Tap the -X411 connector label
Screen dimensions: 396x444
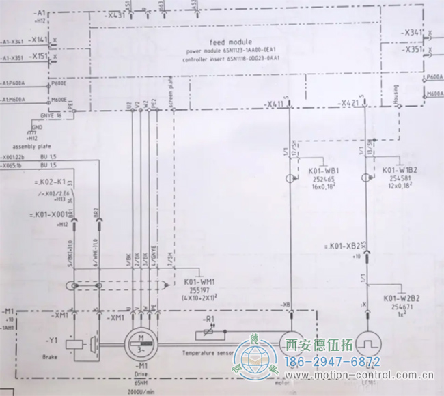pos(275,104)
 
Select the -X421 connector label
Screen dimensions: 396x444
pos(349,104)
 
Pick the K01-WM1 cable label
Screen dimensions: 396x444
pos(200,281)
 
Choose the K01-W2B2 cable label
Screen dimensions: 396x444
pos(401,299)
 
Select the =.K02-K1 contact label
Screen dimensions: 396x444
pos(48,182)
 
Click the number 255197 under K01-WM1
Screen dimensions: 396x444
pos(199,289)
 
